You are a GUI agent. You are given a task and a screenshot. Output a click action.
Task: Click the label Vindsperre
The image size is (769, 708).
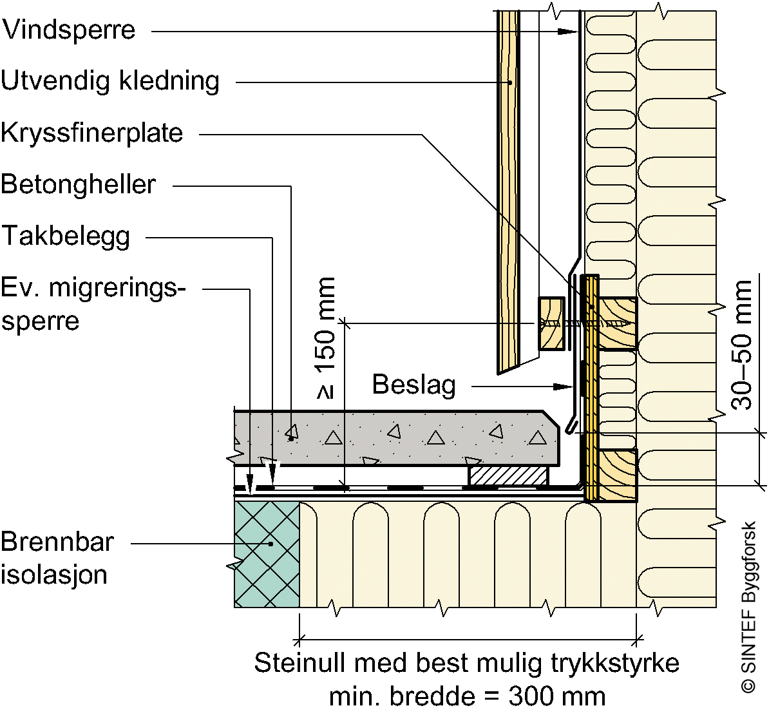point(68,30)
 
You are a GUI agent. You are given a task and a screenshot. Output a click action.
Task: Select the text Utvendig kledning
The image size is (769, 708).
point(110,81)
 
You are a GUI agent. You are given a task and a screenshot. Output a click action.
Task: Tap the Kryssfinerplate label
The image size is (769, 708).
point(92,133)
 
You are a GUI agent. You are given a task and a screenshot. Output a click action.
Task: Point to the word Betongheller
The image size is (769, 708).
point(78,184)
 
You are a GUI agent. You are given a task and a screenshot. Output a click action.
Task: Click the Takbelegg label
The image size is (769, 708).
point(66,236)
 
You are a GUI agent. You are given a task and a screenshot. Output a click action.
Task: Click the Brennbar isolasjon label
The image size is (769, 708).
point(57,558)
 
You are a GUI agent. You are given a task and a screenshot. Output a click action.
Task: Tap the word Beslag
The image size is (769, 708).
point(414,385)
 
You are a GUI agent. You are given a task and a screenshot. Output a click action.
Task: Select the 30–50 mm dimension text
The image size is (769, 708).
point(742,345)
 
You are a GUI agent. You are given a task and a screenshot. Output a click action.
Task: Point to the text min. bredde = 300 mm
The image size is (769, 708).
point(467,696)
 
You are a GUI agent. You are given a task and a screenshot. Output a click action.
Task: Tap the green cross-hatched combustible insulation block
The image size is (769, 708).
point(267,554)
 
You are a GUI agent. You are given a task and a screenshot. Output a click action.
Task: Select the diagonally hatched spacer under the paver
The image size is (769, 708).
point(508,476)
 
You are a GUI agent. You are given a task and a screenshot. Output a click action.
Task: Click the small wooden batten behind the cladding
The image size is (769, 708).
point(551,323)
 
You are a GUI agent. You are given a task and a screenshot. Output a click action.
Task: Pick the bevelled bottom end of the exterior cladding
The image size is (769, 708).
point(517,365)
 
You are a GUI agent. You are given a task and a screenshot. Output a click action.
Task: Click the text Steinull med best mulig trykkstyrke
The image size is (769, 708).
point(467,663)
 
